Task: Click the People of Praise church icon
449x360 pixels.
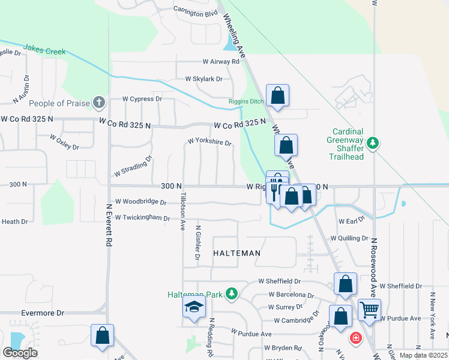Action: pyautogui.click(x=100, y=103)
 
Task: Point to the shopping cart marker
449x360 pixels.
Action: pyautogui.click(x=369, y=310)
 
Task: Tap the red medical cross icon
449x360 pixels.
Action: pyautogui.click(x=356, y=338)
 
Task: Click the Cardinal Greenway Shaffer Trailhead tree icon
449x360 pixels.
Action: pyautogui.click(x=373, y=142)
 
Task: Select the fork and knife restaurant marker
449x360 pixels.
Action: pyautogui.click(x=276, y=189)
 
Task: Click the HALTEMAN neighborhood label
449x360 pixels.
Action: pyautogui.click(x=237, y=253)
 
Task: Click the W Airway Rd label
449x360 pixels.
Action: pyautogui.click(x=225, y=61)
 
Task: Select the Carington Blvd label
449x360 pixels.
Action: pyautogui.click(x=195, y=13)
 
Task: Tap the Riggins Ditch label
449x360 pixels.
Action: pyautogui.click(x=246, y=101)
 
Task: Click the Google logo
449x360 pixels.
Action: pyautogui.click(x=20, y=353)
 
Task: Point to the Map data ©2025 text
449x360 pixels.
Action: pyautogui.click(x=423, y=355)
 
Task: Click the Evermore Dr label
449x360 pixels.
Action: pyautogui.click(x=42, y=313)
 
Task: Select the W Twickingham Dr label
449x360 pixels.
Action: pyautogui.click(x=142, y=217)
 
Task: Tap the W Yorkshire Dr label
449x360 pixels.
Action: pyautogui.click(x=209, y=142)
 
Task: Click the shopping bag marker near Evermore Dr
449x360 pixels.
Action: pyautogui.click(x=102, y=336)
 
